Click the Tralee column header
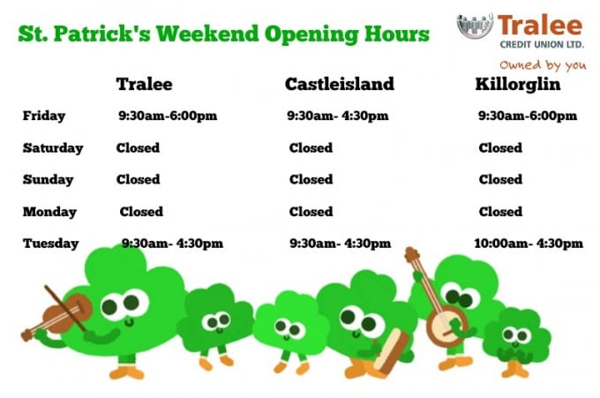[144, 84]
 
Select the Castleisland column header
[340, 84]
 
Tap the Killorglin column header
[518, 85]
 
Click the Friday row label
[44, 116]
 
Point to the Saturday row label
[53, 148]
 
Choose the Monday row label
[49, 212]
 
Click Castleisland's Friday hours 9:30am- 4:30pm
[338, 116]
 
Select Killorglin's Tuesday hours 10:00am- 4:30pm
[529, 244]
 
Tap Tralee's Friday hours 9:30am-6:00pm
[168, 116]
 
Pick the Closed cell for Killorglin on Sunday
[500, 179]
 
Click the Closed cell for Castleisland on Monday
[311, 212]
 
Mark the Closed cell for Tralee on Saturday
[138, 147]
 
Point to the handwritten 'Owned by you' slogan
[543, 65]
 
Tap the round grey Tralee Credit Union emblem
[475, 26]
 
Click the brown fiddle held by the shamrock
[64, 314]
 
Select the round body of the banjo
[446, 326]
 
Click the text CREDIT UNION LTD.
[542, 45]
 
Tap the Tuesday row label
[51, 244]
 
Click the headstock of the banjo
[412, 255]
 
